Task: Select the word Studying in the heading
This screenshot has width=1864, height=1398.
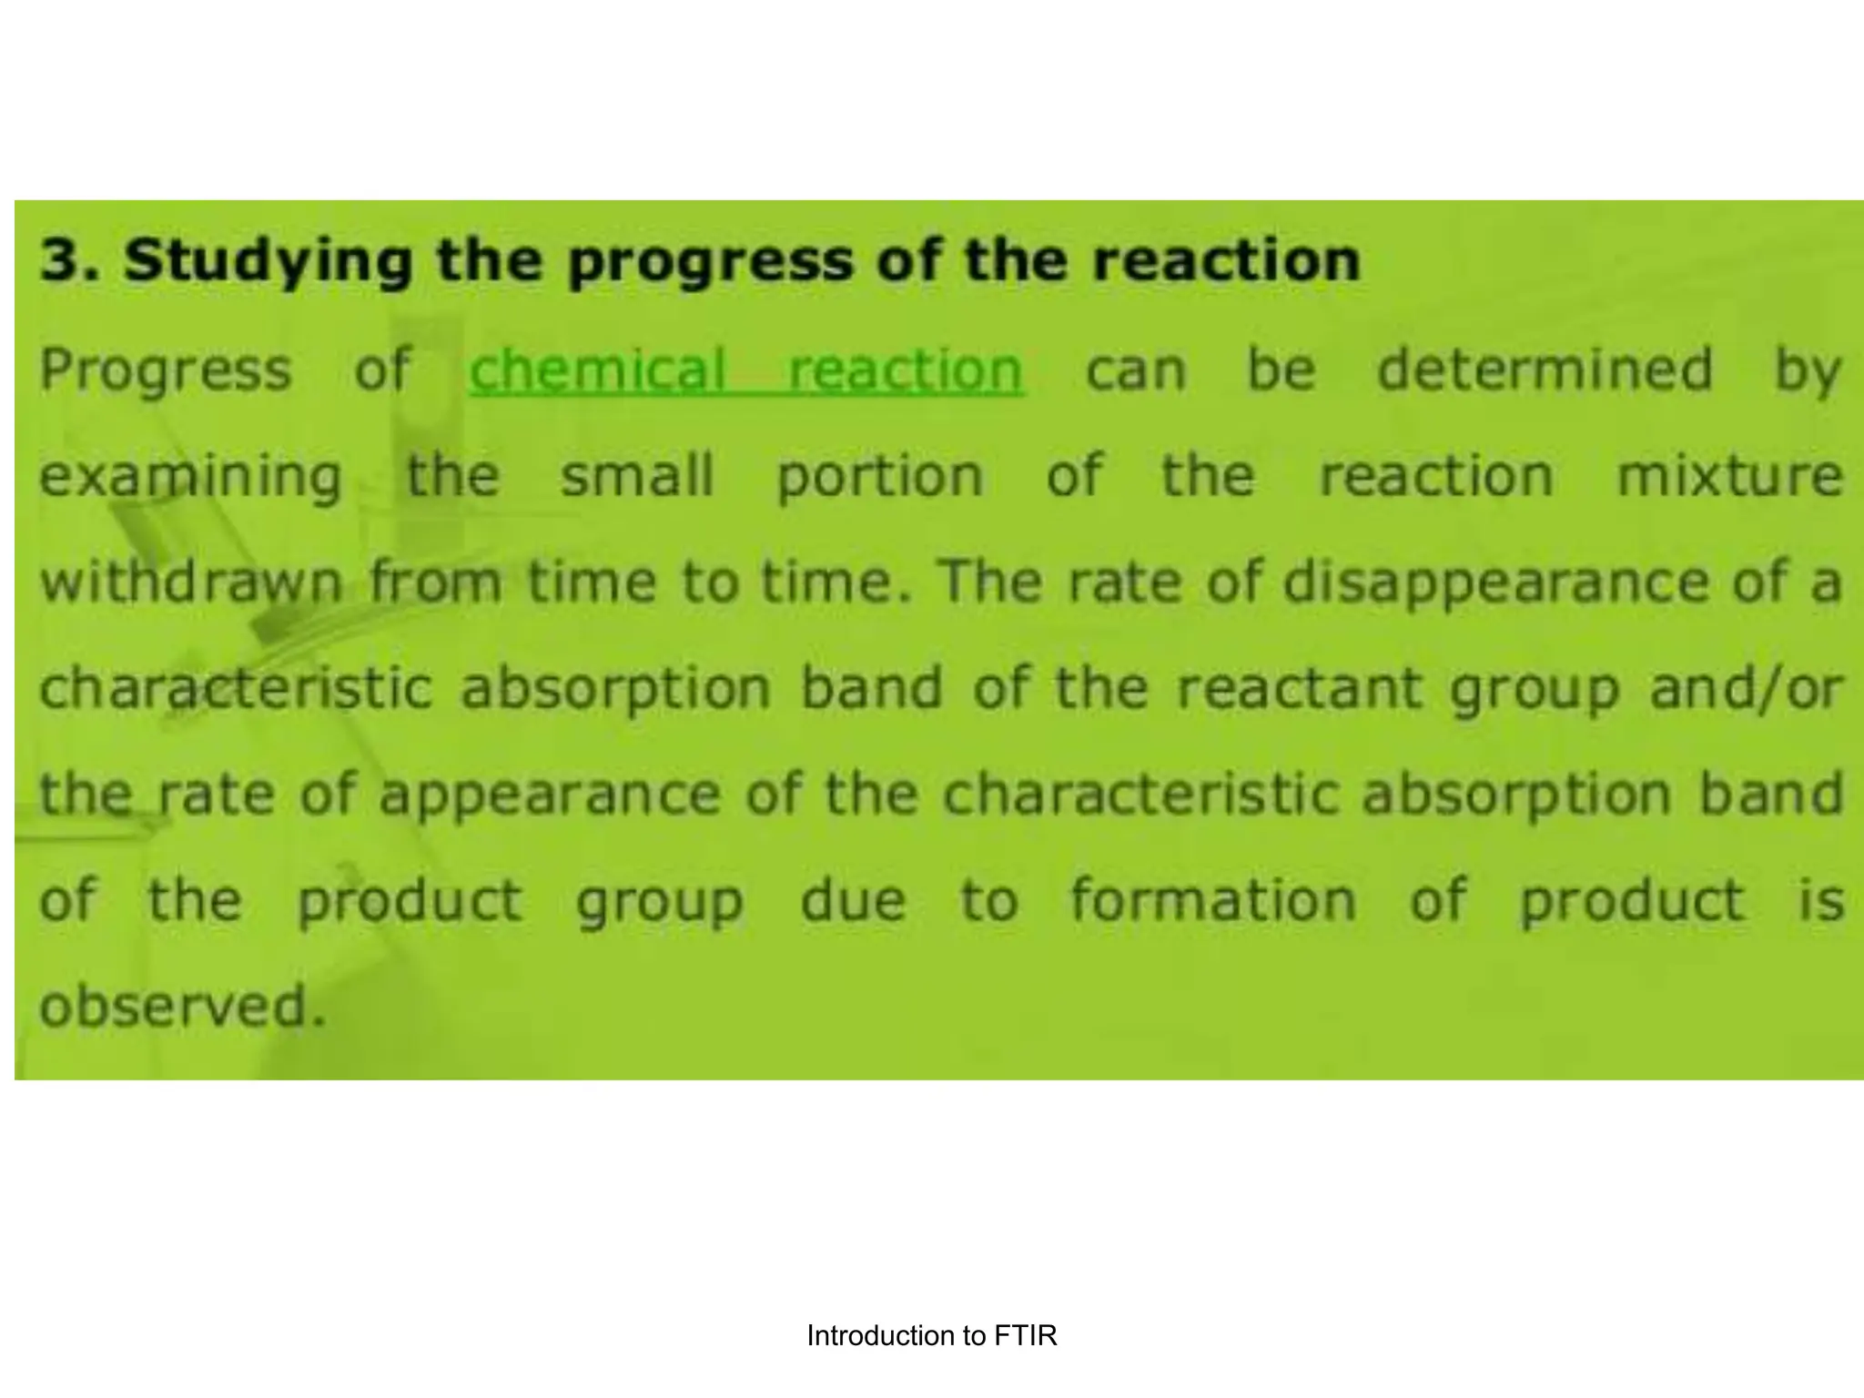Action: tap(268, 262)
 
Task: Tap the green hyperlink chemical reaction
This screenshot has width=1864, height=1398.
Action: tap(746, 370)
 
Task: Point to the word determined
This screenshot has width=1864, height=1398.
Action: tap(1545, 370)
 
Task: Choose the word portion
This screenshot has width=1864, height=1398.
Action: tap(880, 478)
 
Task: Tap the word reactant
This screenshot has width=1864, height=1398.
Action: tap(1299, 689)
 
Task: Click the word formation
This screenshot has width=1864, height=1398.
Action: tap(1213, 901)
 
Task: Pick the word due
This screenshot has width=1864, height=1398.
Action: tap(853, 901)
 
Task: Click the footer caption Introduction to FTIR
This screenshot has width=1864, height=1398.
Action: tap(931, 1336)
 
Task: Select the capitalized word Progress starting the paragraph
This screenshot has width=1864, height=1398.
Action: tap(166, 370)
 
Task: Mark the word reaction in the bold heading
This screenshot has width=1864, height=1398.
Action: tap(1226, 260)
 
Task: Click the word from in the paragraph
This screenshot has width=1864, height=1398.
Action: tap(435, 582)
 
